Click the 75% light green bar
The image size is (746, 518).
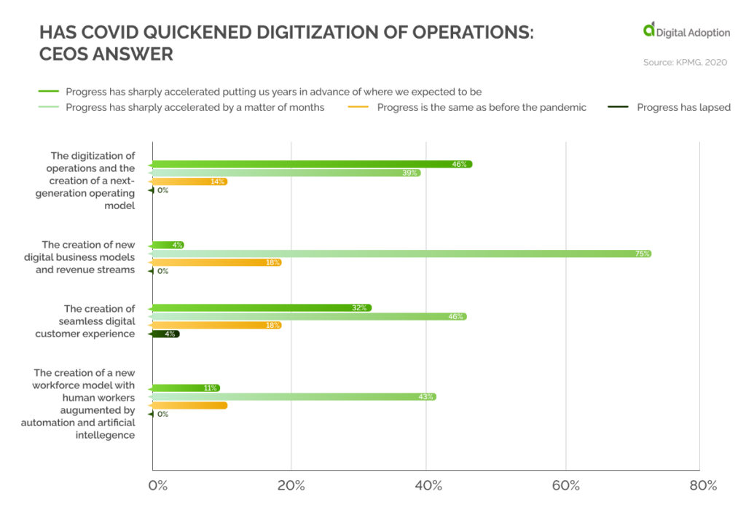point(401,254)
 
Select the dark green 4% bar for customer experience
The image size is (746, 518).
point(165,334)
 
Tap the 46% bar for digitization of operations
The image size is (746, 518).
point(312,164)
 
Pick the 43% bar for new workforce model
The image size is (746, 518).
point(294,396)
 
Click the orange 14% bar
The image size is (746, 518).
point(189,181)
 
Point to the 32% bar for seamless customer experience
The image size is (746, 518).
point(262,307)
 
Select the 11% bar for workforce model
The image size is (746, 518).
point(186,388)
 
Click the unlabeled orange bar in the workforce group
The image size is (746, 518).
point(189,405)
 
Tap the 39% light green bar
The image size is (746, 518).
point(286,173)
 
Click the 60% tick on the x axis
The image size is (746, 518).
point(565,486)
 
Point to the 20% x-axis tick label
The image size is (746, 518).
point(291,486)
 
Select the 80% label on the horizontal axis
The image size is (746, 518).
point(702,486)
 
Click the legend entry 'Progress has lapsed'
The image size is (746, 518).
point(683,108)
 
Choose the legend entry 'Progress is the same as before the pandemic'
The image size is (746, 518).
point(482,108)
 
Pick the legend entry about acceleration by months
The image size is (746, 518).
point(195,108)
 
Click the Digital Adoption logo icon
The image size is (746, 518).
point(648,29)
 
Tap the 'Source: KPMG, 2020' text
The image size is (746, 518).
point(685,63)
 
